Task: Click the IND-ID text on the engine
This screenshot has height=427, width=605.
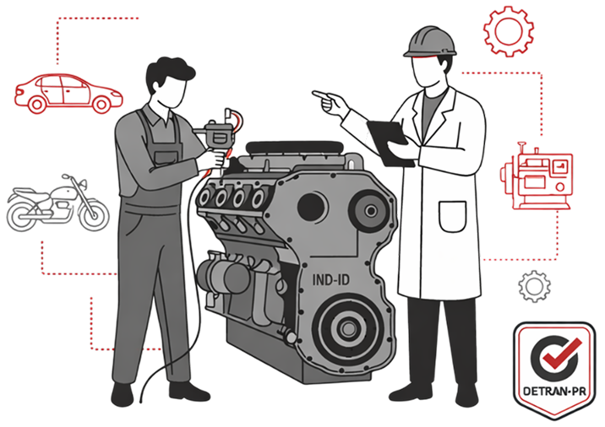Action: click(x=330, y=279)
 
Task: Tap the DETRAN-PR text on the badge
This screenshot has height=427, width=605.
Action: click(x=554, y=392)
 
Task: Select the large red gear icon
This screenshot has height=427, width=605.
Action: click(x=509, y=31)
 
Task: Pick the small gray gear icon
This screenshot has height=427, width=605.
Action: click(x=534, y=286)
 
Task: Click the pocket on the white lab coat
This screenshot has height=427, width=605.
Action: click(x=453, y=217)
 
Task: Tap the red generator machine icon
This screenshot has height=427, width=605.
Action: click(x=537, y=176)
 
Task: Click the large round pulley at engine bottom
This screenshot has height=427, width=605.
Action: click(x=348, y=328)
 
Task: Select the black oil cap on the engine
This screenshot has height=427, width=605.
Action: click(x=294, y=148)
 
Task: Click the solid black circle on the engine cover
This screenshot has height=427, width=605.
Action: click(x=311, y=207)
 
